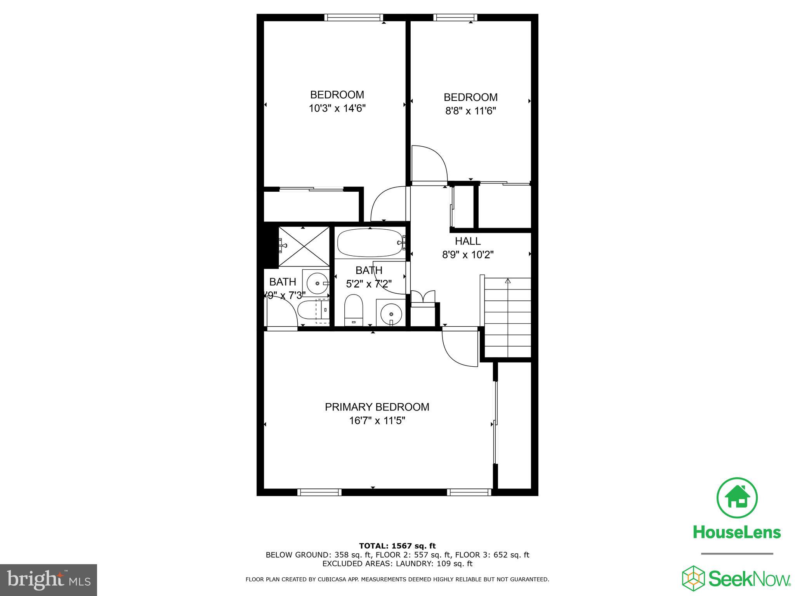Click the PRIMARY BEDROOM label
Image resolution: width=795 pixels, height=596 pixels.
pyautogui.click(x=377, y=407)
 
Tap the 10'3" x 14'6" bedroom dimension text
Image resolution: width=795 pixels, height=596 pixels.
pyautogui.click(x=337, y=108)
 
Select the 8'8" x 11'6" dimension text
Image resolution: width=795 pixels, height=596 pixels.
pyautogui.click(x=470, y=111)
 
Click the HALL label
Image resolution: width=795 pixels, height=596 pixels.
pyautogui.click(x=468, y=241)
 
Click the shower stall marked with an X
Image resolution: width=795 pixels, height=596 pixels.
pyautogui.click(x=304, y=246)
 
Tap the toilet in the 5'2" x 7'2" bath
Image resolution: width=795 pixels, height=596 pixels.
pyautogui.click(x=353, y=310)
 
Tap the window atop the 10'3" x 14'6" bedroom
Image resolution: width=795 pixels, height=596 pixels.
pyautogui.click(x=354, y=17)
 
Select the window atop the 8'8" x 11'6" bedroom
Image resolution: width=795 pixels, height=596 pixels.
pyautogui.click(x=455, y=17)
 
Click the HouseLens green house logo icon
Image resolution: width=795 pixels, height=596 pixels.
pyautogui.click(x=737, y=498)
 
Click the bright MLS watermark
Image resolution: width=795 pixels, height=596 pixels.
pyautogui.click(x=49, y=580)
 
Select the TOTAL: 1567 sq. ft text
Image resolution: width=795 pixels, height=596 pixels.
pyautogui.click(x=397, y=546)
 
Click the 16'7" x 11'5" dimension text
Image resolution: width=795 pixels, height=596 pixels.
pyautogui.click(x=377, y=421)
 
